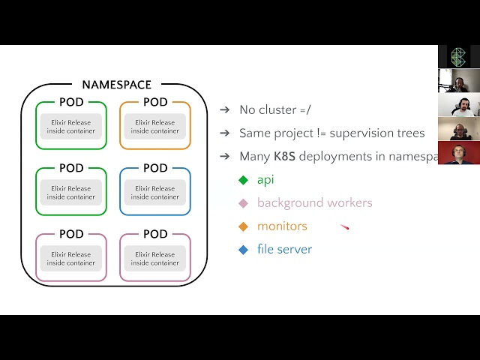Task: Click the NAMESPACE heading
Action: pos(116,85)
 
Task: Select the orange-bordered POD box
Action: pos(155,125)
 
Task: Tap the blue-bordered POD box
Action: pos(155,191)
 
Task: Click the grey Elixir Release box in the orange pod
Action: pos(155,127)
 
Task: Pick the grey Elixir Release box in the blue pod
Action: pos(155,193)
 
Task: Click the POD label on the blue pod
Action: pos(155,168)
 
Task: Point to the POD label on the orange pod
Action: pos(155,102)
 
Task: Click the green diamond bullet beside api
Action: pos(243,180)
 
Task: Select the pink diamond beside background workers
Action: pos(243,203)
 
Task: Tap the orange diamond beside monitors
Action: pos(243,226)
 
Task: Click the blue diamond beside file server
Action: pos(243,250)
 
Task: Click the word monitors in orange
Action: pos(282,226)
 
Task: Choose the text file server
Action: pos(284,249)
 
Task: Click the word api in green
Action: pos(265,180)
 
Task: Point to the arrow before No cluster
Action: pos(224,109)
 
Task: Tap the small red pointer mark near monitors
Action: pos(345,227)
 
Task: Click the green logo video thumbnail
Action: pos(459,57)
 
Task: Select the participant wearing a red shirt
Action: pos(458,153)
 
